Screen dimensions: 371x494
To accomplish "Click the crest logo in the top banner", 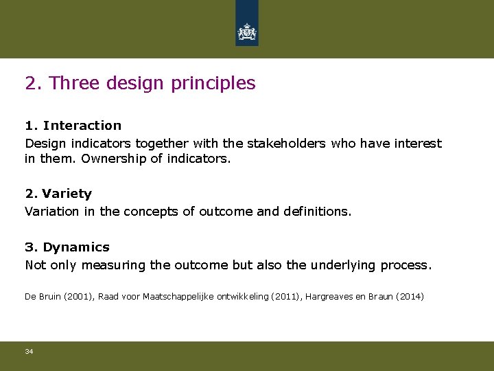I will [x=247, y=32].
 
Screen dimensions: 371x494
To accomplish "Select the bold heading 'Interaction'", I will [x=82, y=126].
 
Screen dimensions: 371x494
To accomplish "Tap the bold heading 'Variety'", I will [x=67, y=194].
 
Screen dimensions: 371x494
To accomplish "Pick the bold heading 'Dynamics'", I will [x=76, y=247].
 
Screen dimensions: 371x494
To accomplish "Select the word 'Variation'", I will [x=51, y=212].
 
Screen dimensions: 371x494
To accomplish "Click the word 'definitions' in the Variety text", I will [x=315, y=212].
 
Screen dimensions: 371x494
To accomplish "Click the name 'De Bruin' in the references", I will [x=40, y=297].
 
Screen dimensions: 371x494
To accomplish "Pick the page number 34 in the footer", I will [x=29, y=352].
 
